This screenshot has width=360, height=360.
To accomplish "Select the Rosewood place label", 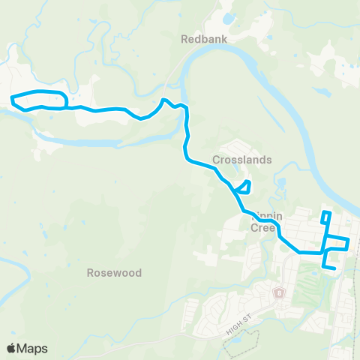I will [114, 273].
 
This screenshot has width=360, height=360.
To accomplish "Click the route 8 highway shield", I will [280, 292].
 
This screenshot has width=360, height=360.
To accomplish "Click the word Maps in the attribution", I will [33, 348].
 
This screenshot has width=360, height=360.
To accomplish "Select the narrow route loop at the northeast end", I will [325, 217].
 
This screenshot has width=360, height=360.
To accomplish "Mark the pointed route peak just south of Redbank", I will [165, 100].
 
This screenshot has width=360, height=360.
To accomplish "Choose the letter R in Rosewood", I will [90, 273].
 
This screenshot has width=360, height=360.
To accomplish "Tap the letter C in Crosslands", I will [216, 160].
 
